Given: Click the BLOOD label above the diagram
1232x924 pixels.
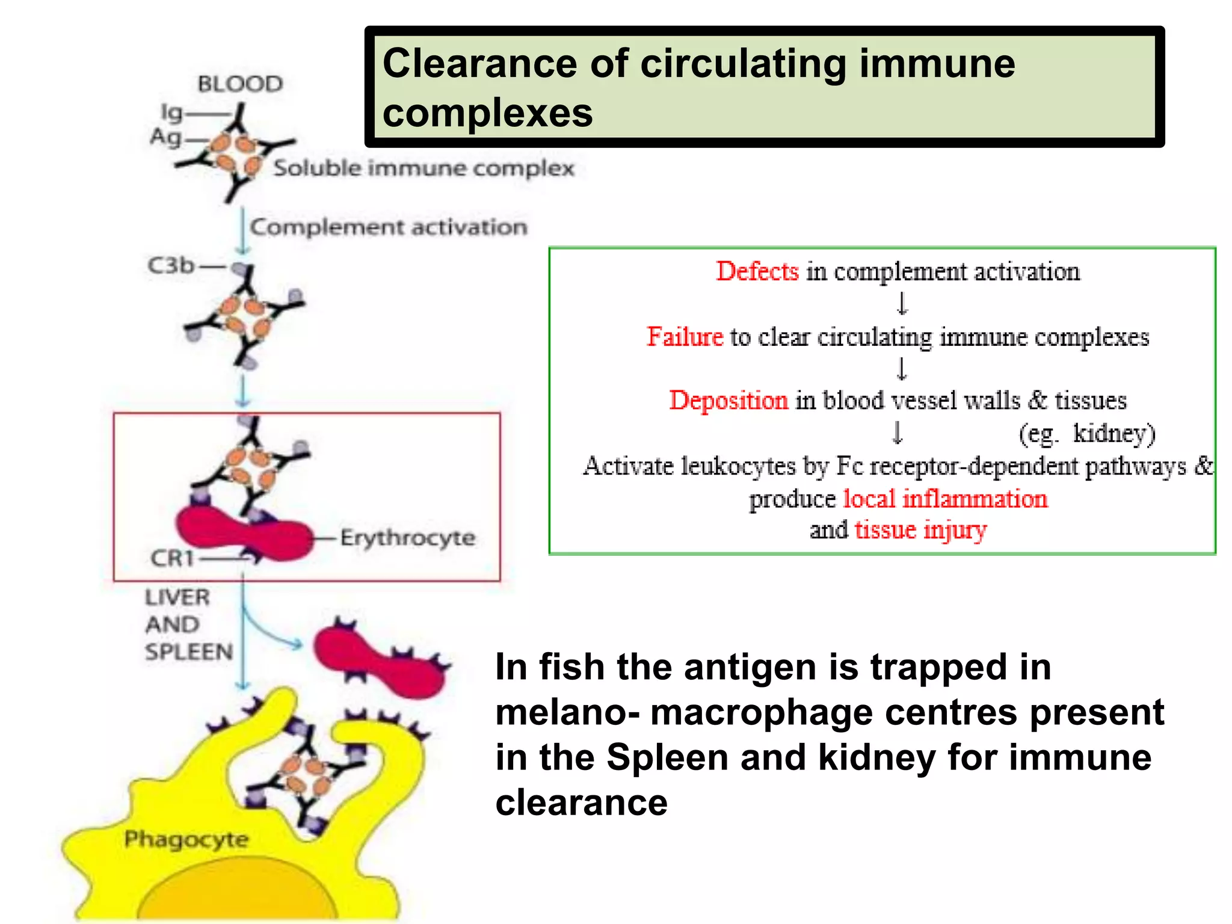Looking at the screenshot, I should tap(240, 84).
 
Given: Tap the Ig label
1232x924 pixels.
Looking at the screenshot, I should tap(171, 112).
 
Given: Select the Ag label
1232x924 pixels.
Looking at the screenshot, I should tap(165, 137).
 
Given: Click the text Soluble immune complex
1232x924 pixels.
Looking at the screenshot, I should tap(423, 168).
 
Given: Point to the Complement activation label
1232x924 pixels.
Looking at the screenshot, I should tap(389, 227).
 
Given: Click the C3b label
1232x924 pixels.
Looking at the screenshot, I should tap(171, 265).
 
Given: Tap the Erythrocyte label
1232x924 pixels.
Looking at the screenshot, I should tap(408, 537).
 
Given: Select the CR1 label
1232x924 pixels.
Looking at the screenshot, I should tap(172, 558).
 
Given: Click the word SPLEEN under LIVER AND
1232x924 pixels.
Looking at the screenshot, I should tap(189, 651).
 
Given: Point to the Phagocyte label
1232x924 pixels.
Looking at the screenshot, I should tap(186, 839).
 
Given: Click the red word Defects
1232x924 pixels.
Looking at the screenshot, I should tap(757, 272).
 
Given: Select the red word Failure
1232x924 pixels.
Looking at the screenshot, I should tap(685, 337).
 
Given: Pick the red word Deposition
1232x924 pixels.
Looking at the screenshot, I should tap(728, 401).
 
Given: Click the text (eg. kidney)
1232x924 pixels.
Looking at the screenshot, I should tap(1086, 434).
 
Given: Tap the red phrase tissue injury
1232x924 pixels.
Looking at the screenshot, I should tap(920, 530).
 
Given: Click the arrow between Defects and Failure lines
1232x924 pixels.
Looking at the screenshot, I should tap(902, 303).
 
